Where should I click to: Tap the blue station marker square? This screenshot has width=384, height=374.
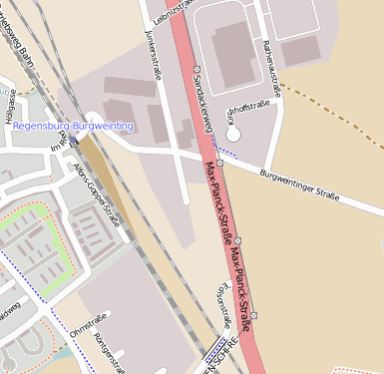[73, 142]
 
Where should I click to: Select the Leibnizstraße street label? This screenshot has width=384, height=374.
[168, 11]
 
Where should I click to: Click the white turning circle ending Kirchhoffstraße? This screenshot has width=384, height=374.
[233, 132]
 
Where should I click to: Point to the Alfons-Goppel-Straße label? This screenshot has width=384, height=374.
[97, 193]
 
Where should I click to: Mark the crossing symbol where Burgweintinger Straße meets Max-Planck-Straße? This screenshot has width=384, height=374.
[219, 161]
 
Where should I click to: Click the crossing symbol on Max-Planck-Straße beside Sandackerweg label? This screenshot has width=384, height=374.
[196, 69]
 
